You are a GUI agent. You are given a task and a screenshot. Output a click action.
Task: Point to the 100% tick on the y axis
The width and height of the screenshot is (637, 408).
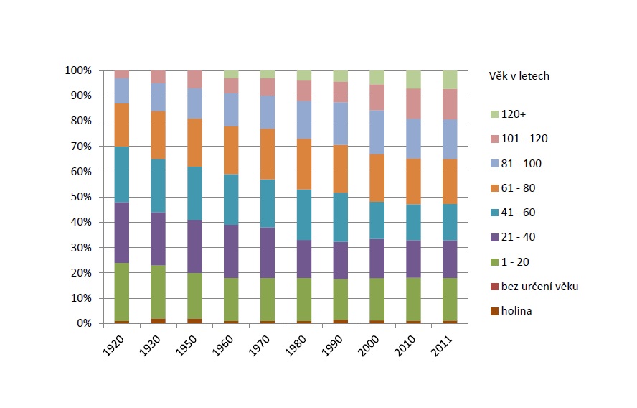click(79, 70)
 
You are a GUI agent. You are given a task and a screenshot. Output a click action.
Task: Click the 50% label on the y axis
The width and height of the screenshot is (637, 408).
click(82, 197)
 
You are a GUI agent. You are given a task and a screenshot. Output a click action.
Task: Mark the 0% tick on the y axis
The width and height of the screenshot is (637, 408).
click(85, 323)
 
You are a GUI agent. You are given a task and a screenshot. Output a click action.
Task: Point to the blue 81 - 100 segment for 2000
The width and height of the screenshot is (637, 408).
click(377, 132)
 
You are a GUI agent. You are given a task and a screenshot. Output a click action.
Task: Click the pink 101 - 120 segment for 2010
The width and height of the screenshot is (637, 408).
click(414, 103)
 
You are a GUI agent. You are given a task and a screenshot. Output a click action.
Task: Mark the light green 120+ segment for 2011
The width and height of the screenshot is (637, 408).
click(450, 80)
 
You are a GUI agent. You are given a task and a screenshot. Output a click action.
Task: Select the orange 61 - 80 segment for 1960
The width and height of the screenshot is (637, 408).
click(232, 150)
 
